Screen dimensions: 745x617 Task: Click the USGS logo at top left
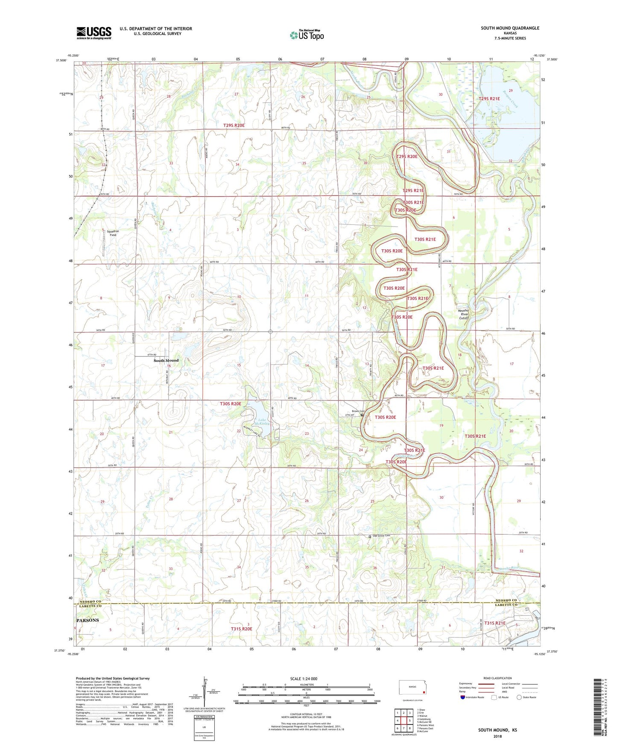[x=94, y=33]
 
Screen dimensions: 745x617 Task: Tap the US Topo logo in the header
[x=306, y=35]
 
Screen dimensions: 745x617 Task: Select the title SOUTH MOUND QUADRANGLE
[x=510, y=28]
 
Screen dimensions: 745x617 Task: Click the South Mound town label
[x=166, y=361]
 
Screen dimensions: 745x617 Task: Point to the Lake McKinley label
[x=263, y=423]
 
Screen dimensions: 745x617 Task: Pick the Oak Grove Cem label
[x=381, y=536]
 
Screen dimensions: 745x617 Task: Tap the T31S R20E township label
[x=242, y=629]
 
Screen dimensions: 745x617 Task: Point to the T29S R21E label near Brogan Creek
[x=489, y=99]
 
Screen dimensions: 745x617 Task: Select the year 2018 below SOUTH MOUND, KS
[x=497, y=736]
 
